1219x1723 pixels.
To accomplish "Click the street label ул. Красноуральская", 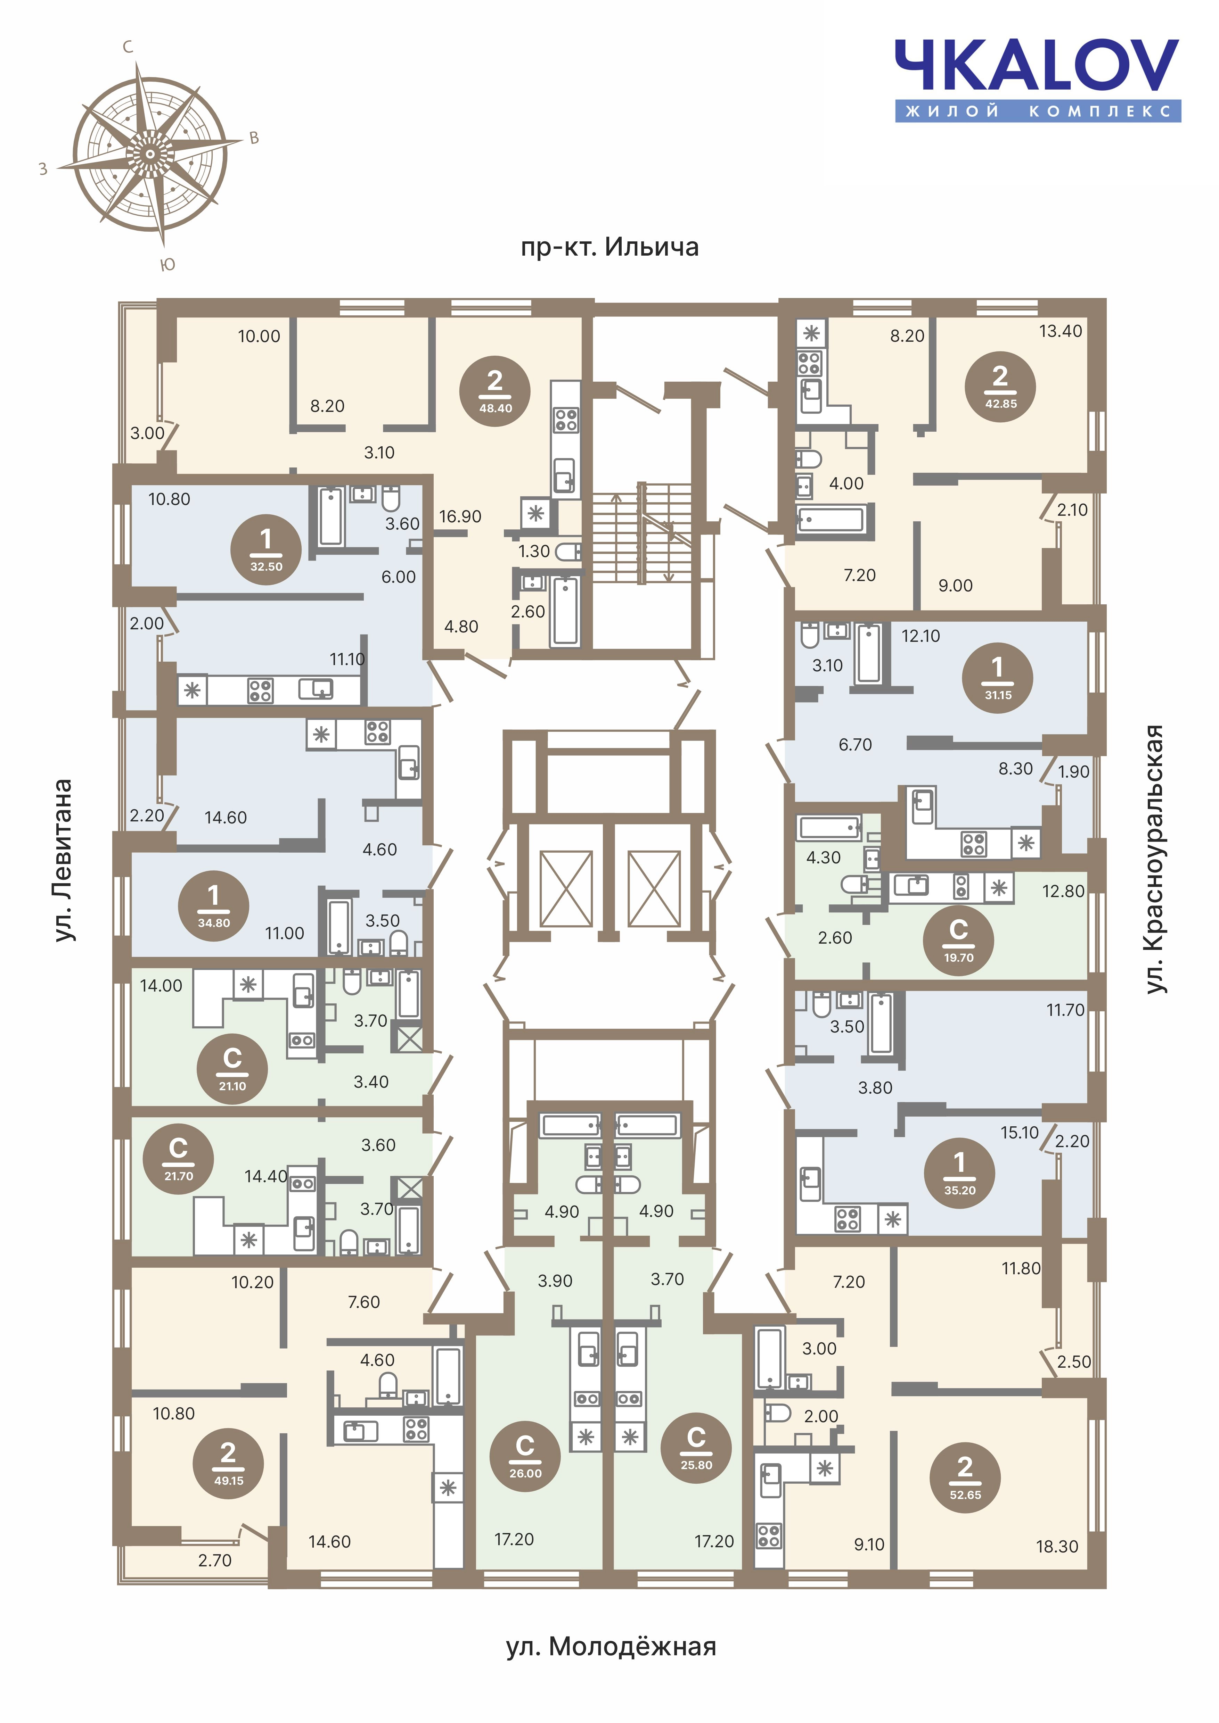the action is coord(1155,859).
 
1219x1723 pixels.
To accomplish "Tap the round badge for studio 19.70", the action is coord(958,940).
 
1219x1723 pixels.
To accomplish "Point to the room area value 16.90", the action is coord(460,516).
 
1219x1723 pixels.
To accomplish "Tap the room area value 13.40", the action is coord(1061,331).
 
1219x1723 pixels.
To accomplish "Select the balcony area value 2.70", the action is coord(215,1560).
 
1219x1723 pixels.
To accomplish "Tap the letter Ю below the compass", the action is coord(169,264).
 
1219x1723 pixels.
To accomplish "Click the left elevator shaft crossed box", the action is coord(566,888).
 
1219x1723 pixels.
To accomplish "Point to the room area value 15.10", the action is coord(1019,1133).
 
